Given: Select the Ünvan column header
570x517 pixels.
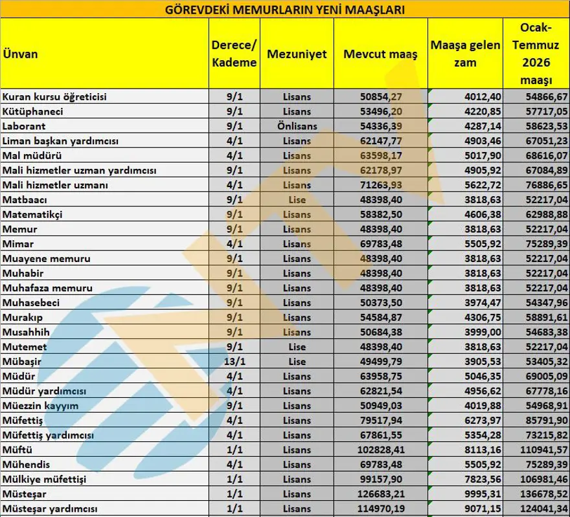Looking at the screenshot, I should coord(20,54).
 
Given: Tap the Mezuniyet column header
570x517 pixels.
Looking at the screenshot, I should coord(297,54).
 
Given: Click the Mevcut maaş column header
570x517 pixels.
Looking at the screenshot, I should coord(381,54).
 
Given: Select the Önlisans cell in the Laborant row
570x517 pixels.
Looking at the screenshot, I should coord(297,126).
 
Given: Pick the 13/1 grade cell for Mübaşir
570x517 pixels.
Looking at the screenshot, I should coord(233,361).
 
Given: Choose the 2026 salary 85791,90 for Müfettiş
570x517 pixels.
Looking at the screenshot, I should coord(545,420).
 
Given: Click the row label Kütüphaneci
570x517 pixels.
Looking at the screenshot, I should coord(29,111).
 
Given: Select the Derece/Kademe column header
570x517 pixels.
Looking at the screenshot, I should coord(233,54).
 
